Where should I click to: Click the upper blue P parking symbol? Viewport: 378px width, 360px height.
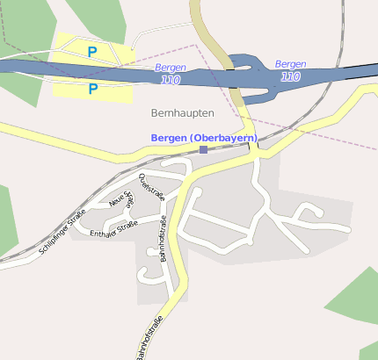[92, 52]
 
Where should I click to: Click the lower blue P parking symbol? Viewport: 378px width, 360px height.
[92, 88]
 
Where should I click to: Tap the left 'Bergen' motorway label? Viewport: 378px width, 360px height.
[171, 68]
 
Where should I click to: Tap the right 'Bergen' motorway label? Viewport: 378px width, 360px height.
[290, 64]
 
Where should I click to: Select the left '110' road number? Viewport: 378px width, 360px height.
[171, 80]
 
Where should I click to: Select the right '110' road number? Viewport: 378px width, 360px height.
[290, 76]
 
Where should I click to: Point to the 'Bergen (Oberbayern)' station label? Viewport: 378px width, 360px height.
[204, 138]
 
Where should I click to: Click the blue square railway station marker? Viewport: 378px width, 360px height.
[204, 150]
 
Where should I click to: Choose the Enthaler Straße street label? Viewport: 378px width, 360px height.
[114, 231]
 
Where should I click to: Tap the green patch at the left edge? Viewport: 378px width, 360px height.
[7, 220]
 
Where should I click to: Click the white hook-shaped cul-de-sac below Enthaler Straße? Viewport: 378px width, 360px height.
[142, 275]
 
